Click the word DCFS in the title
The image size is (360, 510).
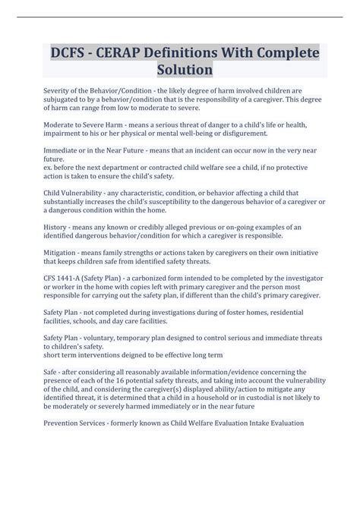click(x=71, y=53)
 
